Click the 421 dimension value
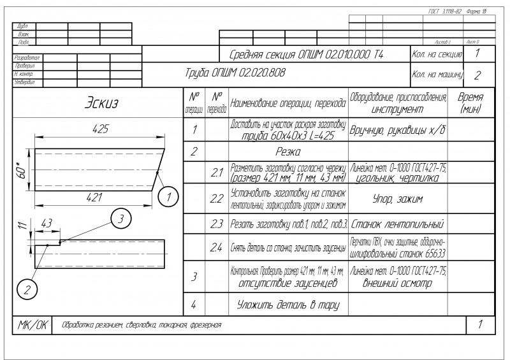click(94, 198)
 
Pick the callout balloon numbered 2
click(27, 289)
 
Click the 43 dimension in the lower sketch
click(46, 224)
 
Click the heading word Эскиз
click(101, 103)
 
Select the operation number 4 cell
click(193, 304)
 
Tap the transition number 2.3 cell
click(216, 224)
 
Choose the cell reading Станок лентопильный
click(397, 224)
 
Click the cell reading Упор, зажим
click(397, 198)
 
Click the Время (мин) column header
click(470, 103)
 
